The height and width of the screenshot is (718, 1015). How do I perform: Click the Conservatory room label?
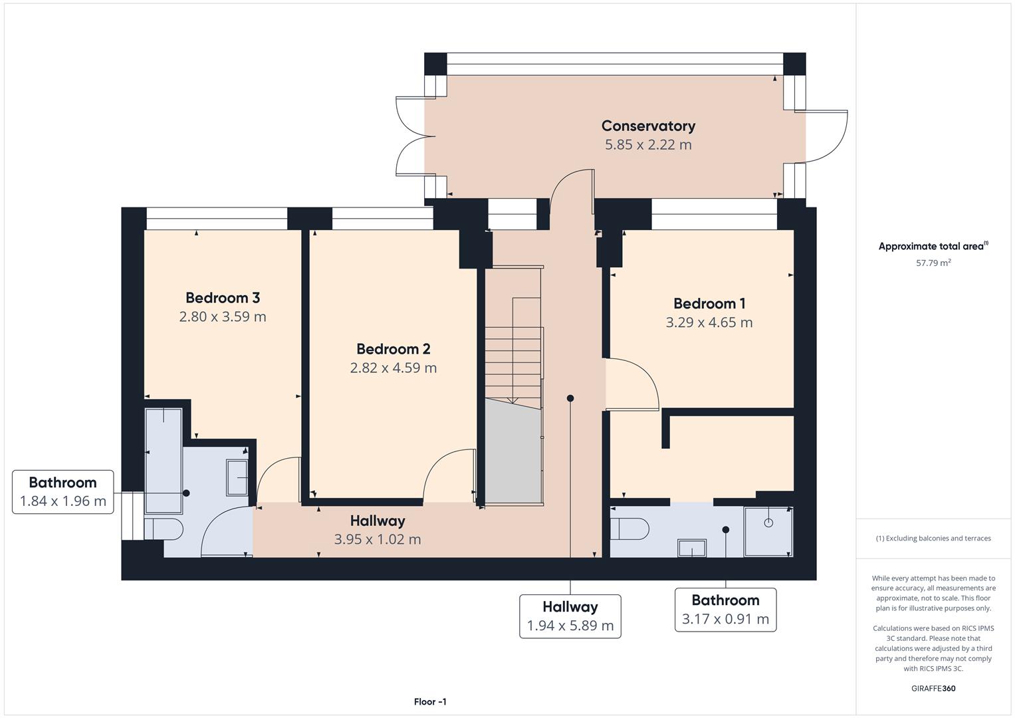coord(648,126)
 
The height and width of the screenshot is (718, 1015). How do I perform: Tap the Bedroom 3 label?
coord(223,298)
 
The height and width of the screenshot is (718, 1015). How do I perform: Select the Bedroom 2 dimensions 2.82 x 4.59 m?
coord(394,368)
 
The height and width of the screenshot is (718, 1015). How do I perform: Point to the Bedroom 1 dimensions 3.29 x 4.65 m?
coord(709,322)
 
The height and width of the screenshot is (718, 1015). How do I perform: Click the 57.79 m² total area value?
coord(933,263)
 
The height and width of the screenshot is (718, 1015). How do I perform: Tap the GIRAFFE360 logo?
coord(933,688)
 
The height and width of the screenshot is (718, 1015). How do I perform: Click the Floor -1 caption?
coord(430,701)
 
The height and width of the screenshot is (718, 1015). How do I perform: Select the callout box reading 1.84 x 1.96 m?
coord(63,492)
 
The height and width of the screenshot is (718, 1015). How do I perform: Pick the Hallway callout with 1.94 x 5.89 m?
coord(570,616)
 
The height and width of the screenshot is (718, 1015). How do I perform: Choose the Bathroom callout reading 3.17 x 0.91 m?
coord(725,610)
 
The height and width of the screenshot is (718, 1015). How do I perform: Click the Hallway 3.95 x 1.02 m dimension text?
coord(378,539)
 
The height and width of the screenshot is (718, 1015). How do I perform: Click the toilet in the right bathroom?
coord(630,529)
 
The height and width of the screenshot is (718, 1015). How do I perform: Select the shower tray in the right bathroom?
coord(768,531)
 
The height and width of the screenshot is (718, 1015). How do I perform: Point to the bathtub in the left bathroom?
coord(164,461)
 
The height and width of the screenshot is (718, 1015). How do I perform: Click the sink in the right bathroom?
coord(692,548)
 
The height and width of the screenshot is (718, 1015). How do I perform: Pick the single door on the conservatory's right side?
coord(826,136)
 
